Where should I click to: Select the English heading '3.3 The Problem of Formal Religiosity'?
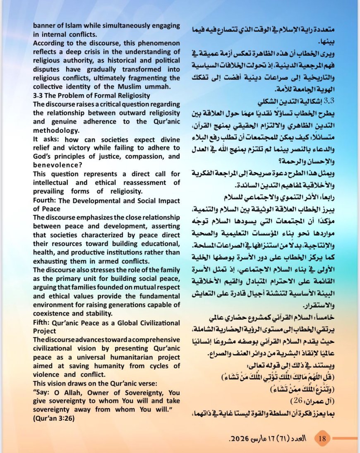(86, 95)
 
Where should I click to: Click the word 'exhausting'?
(50, 261)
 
